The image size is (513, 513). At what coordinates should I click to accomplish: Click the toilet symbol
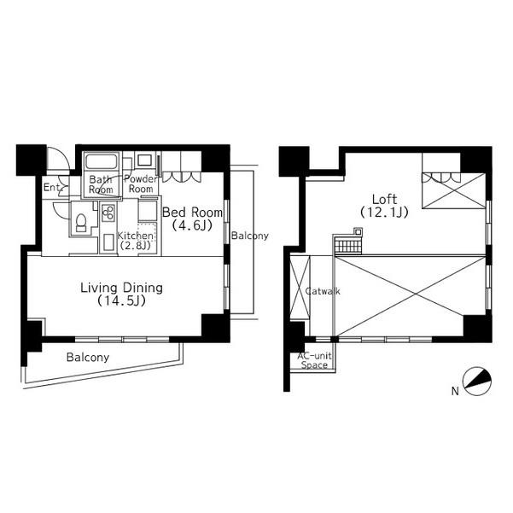coord(81,223)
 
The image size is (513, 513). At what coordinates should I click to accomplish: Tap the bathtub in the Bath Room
coord(102,161)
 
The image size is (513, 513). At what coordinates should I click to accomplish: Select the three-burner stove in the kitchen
coord(108,213)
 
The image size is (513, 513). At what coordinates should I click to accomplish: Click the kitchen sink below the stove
coord(108,242)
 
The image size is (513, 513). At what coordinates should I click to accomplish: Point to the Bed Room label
coord(192,213)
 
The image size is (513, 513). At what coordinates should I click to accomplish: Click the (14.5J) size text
coord(122,301)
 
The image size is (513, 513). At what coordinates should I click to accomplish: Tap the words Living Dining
coord(122,288)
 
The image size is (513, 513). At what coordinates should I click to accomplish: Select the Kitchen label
coord(135,236)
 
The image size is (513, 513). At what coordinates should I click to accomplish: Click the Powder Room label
coord(141,184)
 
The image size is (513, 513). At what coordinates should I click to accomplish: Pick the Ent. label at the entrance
coord(52,188)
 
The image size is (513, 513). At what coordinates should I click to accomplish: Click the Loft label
coord(384,199)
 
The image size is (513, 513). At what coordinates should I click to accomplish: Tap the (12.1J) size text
coord(384,213)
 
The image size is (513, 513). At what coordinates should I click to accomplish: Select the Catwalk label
coord(323,291)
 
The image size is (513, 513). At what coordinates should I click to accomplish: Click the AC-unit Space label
coord(314,360)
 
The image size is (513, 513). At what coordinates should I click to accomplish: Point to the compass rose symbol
coord(476,381)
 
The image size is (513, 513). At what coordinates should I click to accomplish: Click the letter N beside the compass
coord(455,391)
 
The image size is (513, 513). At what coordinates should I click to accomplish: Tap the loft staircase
coord(348,247)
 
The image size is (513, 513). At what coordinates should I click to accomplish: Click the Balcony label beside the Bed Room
coord(250,236)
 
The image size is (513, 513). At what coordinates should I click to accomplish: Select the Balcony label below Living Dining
coord(88,357)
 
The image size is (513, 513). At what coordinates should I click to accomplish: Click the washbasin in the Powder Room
coord(144,160)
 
